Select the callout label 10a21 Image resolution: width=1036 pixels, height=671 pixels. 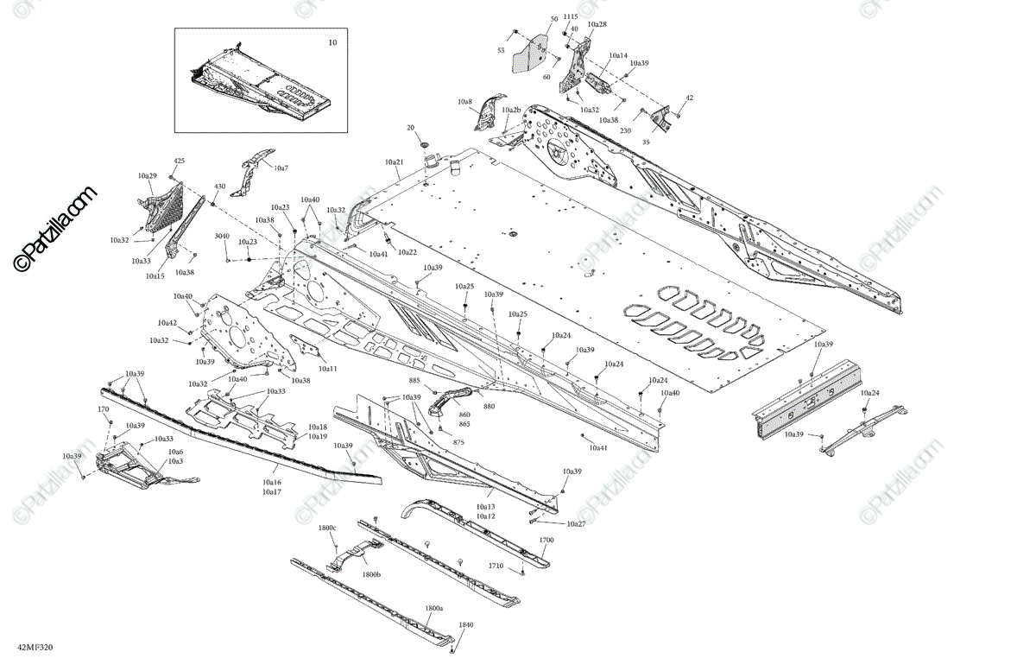(x=395, y=162)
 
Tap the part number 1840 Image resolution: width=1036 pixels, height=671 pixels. (x=466, y=624)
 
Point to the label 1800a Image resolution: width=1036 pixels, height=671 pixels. (x=434, y=608)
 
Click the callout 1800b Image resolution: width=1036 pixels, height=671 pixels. (x=371, y=574)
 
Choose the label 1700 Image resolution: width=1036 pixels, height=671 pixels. (x=546, y=540)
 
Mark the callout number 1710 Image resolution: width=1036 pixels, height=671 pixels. (x=496, y=566)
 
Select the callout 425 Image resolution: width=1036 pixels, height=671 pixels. (x=180, y=161)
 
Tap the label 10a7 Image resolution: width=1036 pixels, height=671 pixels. (x=281, y=168)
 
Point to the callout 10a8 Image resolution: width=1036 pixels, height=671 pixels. (x=464, y=102)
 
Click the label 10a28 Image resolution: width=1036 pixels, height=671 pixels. (x=597, y=24)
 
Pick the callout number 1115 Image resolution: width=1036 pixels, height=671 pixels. (x=571, y=16)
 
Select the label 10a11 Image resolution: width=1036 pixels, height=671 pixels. (x=327, y=369)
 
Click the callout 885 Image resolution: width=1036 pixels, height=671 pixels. (x=414, y=381)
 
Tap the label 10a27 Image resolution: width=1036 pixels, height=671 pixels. (x=576, y=523)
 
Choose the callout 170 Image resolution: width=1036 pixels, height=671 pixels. (x=103, y=409)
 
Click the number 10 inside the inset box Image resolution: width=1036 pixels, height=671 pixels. (x=332, y=42)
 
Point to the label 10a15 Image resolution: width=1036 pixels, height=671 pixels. (x=155, y=275)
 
